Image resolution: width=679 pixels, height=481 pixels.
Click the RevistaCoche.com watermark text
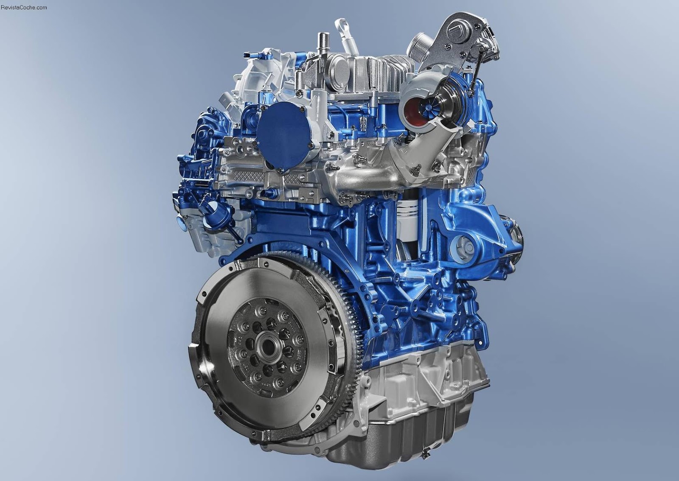(24, 7)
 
